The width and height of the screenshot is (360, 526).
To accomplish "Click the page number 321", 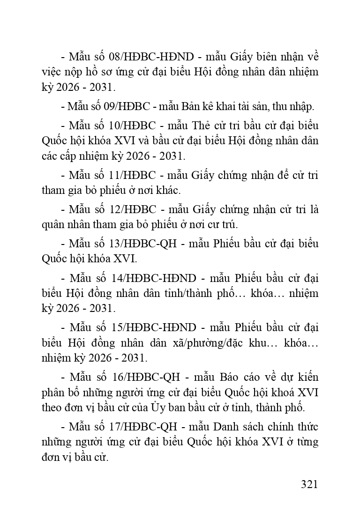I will pyautogui.click(x=309, y=484).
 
